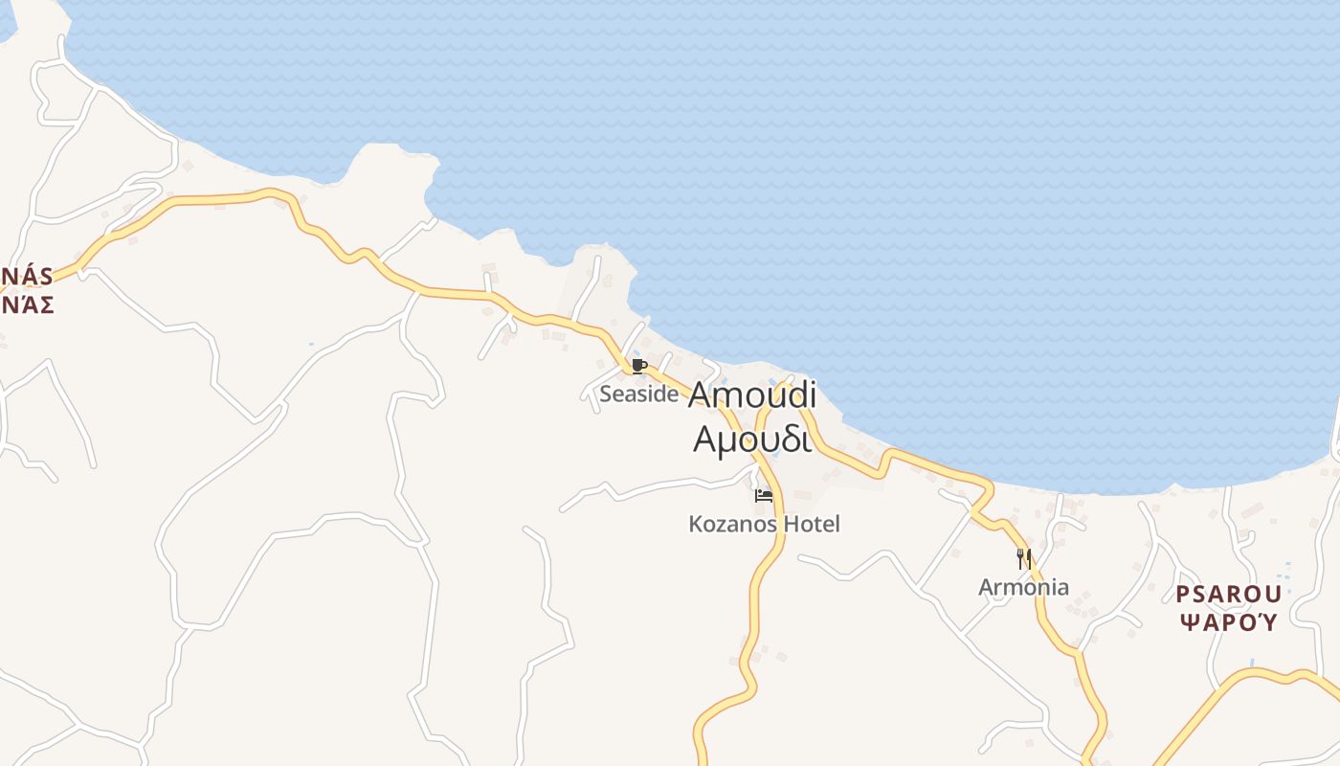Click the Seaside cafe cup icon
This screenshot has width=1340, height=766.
639,366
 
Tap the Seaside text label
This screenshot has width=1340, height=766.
638,394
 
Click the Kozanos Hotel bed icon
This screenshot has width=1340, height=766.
764,496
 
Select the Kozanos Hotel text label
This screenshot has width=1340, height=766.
764,524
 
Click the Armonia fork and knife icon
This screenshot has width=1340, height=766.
1023,558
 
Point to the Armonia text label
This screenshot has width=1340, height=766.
1023,587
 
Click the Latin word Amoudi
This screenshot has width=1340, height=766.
751,394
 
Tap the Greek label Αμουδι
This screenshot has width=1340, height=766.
751,439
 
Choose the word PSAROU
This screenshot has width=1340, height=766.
1228,595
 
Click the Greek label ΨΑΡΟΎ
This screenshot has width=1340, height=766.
1228,622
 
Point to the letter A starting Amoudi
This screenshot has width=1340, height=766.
702,394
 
